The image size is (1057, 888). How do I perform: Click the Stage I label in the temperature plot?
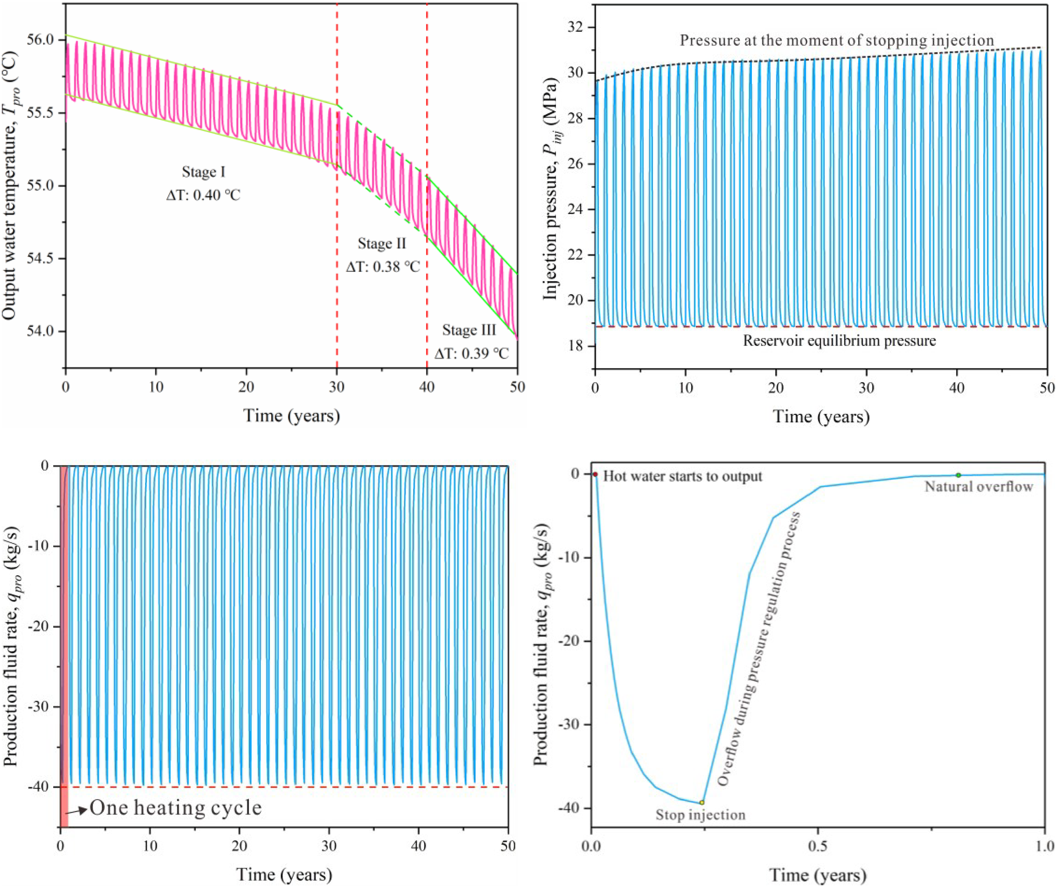point(203,172)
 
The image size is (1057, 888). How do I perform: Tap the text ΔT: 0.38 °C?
point(383,266)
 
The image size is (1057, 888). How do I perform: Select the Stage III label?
point(469,330)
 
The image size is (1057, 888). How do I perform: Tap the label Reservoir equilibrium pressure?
point(839,341)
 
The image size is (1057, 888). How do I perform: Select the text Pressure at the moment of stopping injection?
point(837,40)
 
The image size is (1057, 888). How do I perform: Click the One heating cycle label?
point(176,808)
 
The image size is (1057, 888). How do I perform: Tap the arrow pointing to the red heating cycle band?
point(77,810)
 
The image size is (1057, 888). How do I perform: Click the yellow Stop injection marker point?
point(702,802)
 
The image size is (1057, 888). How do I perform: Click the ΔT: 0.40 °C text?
point(203,195)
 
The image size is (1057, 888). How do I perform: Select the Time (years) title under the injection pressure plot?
point(821,416)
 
